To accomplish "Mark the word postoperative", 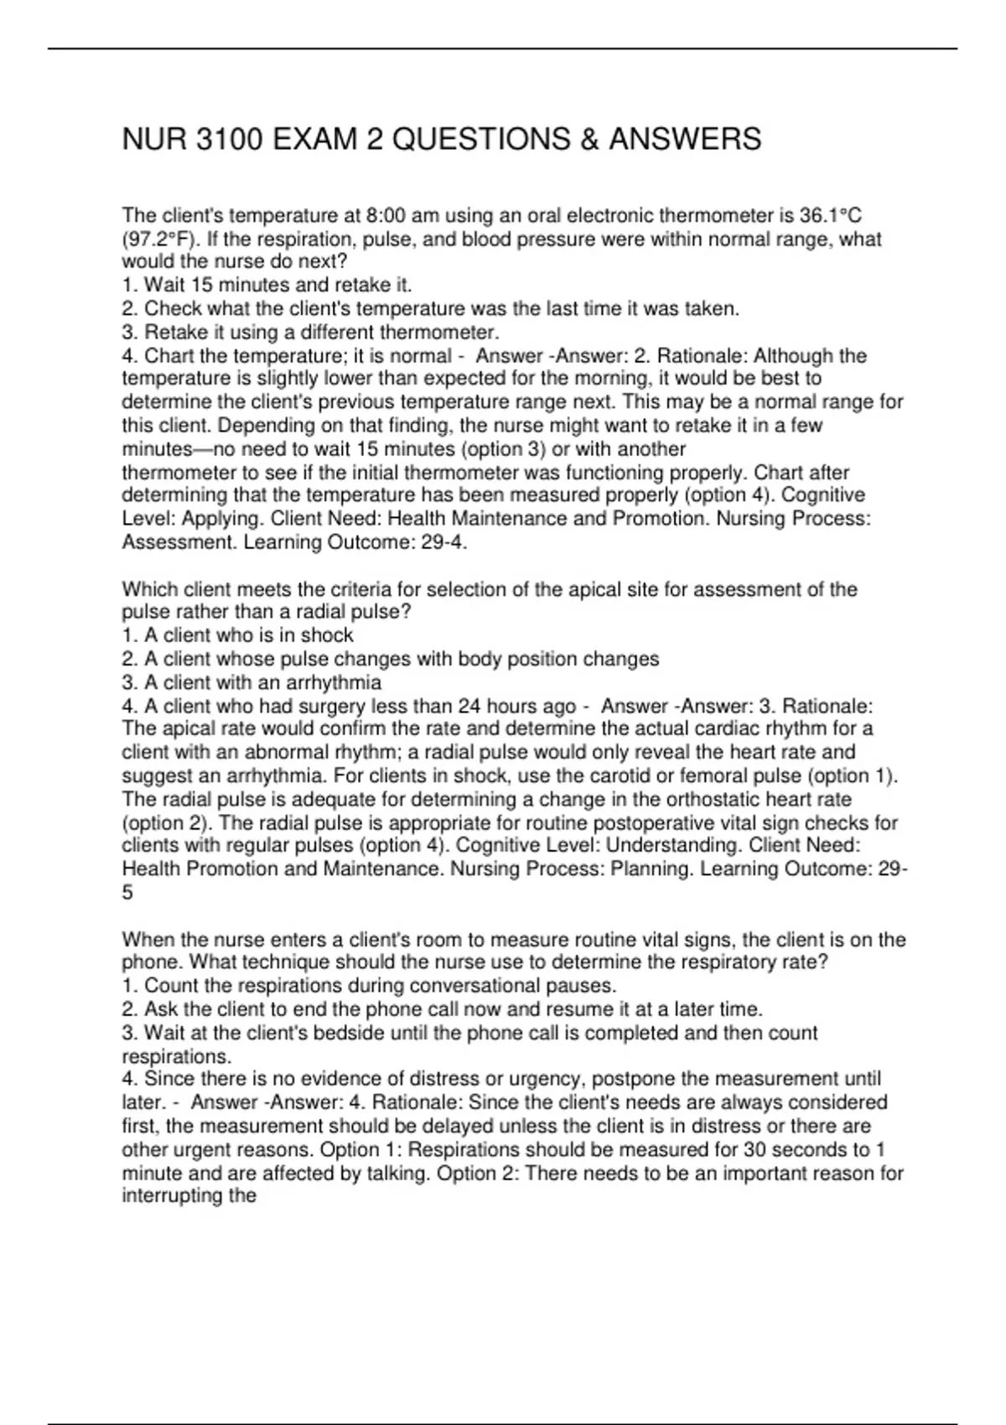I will click(x=660, y=822).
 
